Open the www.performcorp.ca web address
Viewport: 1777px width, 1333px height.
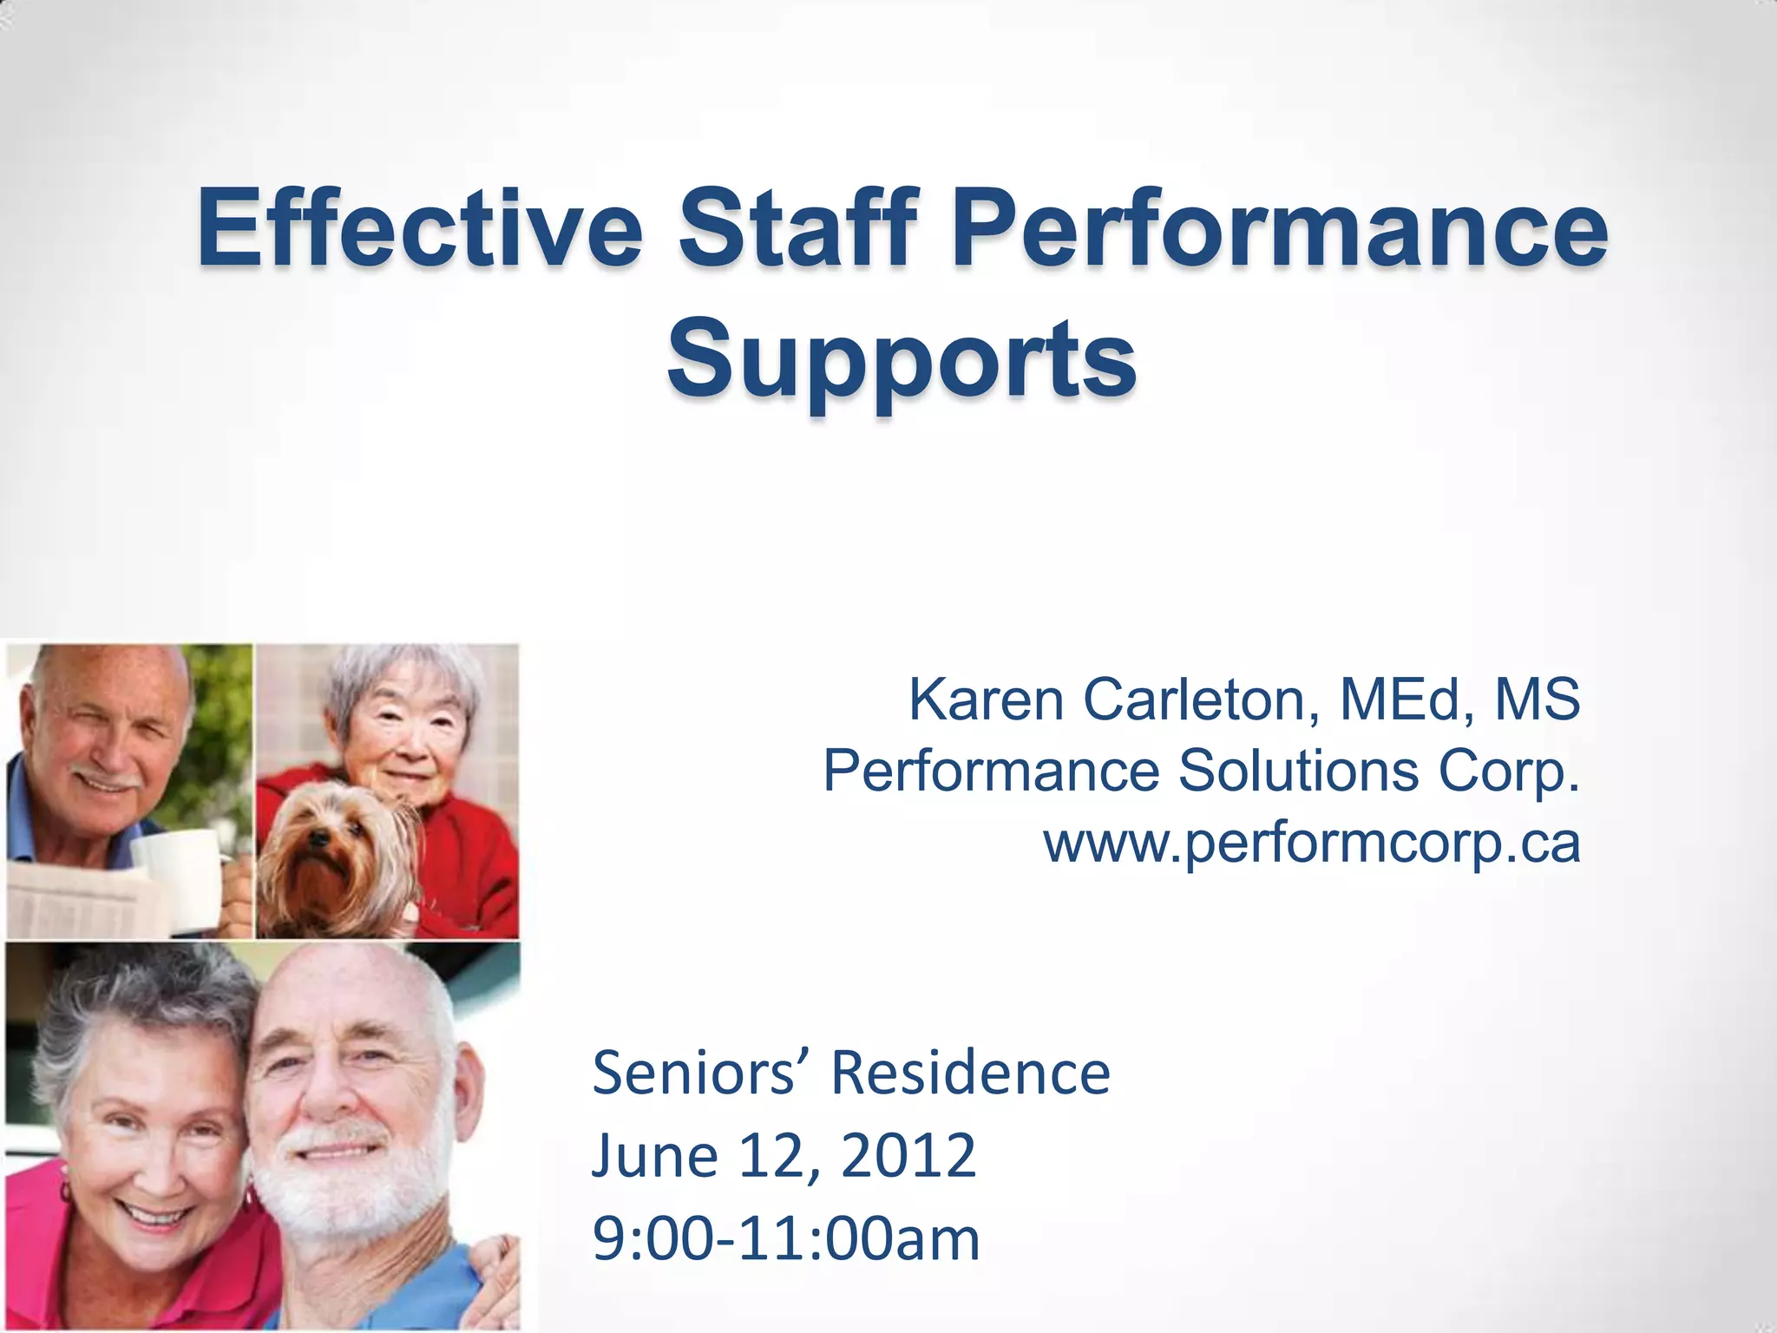pyautogui.click(x=1311, y=842)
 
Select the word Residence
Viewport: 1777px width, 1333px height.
pyautogui.click(x=970, y=1073)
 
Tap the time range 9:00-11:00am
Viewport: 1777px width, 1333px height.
pyautogui.click(x=786, y=1238)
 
